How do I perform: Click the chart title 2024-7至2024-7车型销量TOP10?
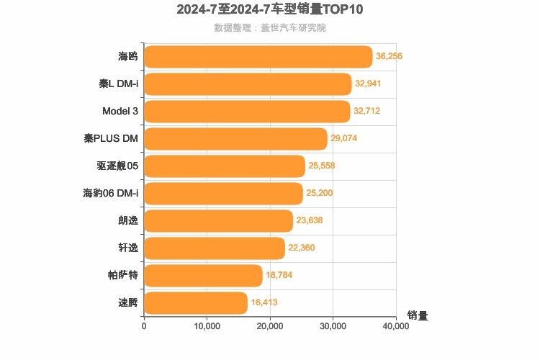270,10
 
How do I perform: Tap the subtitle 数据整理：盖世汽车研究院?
270,28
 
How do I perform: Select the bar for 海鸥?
258,57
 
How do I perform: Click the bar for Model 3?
247,112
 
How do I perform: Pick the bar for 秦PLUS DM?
235,139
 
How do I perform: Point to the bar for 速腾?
196,303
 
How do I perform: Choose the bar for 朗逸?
218,221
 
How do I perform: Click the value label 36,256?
389,57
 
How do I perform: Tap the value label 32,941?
368,84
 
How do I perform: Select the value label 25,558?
321,166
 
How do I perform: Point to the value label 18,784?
279,276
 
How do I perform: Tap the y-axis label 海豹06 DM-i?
111,194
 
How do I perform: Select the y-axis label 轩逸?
127,248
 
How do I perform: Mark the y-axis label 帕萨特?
122,276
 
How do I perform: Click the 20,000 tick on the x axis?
270,326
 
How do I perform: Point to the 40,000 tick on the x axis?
396,326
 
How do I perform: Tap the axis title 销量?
418,315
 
